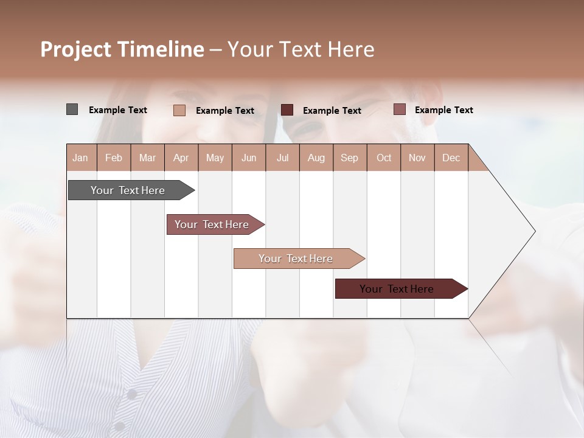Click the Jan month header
click(x=80, y=158)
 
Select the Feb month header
click(x=114, y=158)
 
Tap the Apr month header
click(x=181, y=158)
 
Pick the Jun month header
click(x=249, y=158)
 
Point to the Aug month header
click(x=316, y=158)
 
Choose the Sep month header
click(x=349, y=158)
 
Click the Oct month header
click(x=384, y=158)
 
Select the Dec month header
click(x=451, y=158)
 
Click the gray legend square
click(x=72, y=109)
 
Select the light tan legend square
click(x=179, y=110)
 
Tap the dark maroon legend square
click(x=287, y=109)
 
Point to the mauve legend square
click(x=399, y=109)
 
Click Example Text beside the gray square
click(x=118, y=110)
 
